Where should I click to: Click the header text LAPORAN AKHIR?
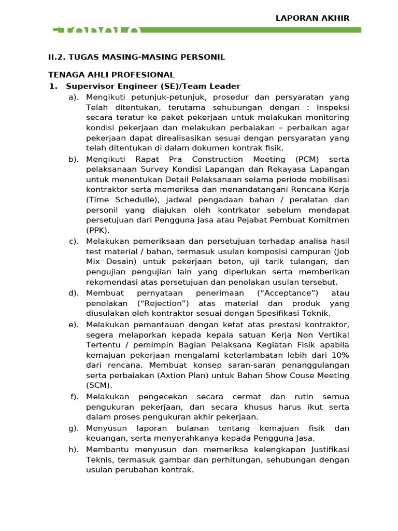(x=312, y=18)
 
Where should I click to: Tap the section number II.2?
(x=56, y=57)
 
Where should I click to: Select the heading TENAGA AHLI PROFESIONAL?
(x=111, y=75)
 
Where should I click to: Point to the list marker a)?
(x=74, y=97)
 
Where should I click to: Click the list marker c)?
(x=74, y=241)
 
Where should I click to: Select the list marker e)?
(x=74, y=325)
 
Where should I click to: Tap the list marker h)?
(x=74, y=449)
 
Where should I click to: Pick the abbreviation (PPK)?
(x=98, y=230)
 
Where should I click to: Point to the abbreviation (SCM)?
(x=98, y=386)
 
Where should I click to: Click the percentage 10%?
(x=338, y=355)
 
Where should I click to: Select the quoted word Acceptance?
(x=280, y=293)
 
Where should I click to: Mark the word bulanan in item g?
(x=190, y=428)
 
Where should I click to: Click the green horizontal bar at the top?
(x=249, y=30)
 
